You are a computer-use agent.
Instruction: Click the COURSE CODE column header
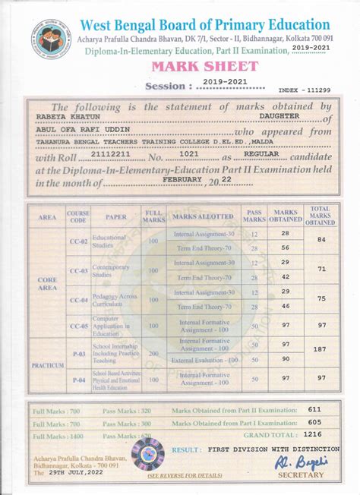coord(78,216)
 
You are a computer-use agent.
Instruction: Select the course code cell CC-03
coord(78,270)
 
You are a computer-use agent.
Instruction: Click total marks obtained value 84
coord(321,240)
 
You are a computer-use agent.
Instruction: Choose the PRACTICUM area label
coord(47,365)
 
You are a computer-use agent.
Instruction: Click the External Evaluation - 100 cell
coord(205,359)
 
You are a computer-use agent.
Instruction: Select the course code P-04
coord(78,378)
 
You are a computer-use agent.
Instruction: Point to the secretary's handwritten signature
coord(292,462)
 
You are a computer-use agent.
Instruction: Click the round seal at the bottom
coord(147,454)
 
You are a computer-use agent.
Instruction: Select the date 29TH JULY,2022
coord(74,472)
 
